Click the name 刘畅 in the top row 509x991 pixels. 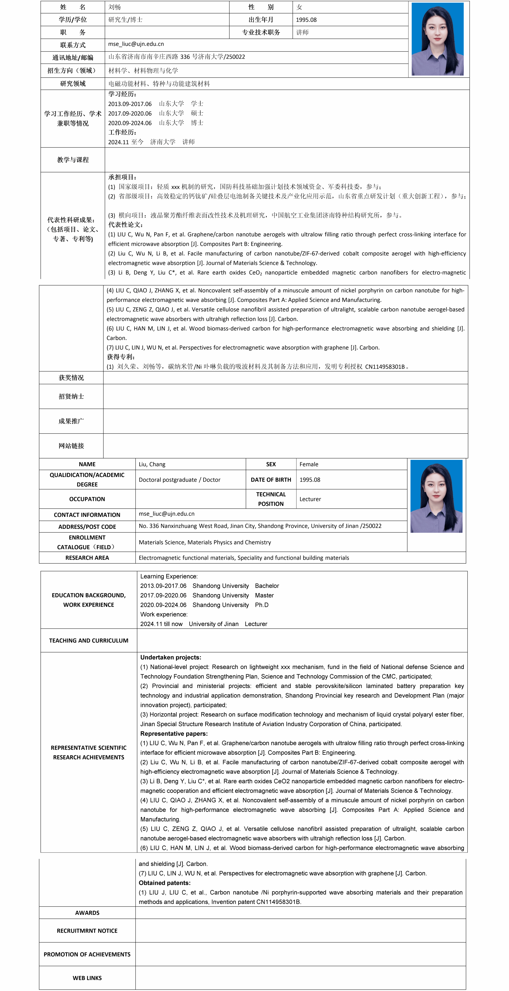click(115, 7)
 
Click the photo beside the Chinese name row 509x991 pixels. click(437, 39)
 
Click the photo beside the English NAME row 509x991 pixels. click(436, 496)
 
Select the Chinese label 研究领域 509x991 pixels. click(73, 84)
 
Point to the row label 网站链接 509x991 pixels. click(71, 446)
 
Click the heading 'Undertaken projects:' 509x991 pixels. click(170, 657)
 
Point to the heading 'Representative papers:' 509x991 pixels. click(174, 734)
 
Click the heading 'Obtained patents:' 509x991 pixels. click(165, 883)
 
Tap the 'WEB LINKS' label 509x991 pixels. click(87, 978)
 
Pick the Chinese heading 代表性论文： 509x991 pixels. click(125, 225)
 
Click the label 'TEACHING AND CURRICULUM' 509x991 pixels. click(88, 641)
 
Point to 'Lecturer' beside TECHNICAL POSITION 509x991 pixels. click(310, 499)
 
